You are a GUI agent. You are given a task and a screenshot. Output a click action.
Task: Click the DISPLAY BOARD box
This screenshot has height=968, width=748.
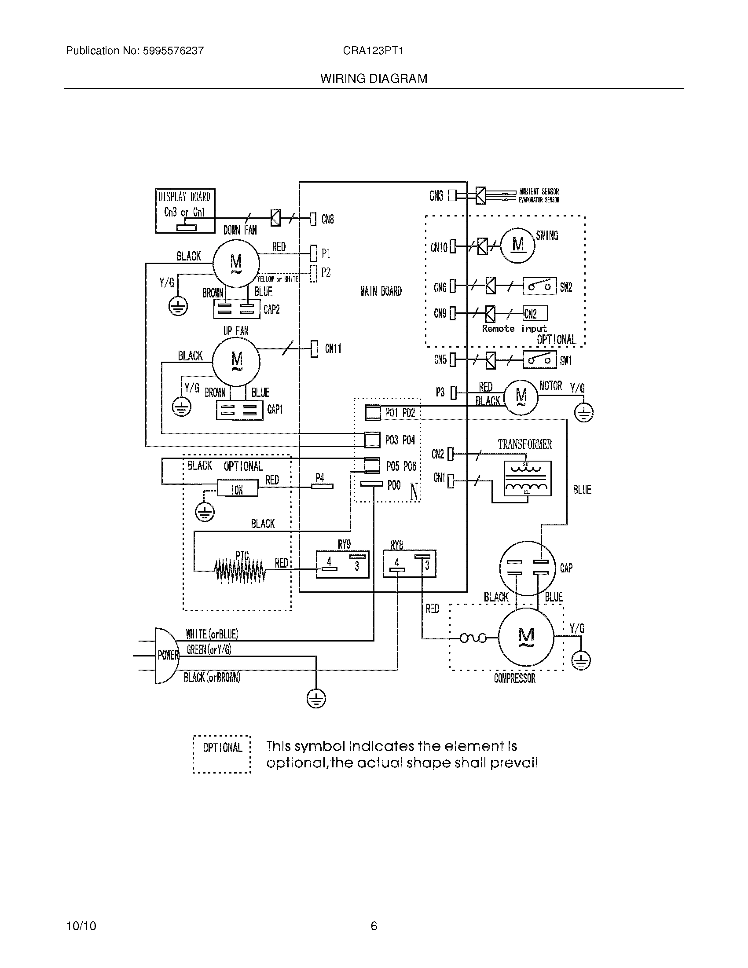click(x=185, y=210)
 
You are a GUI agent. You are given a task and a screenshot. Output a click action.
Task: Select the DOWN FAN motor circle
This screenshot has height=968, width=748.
click(x=236, y=263)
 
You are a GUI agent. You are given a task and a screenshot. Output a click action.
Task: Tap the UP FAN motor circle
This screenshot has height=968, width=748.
click(x=236, y=361)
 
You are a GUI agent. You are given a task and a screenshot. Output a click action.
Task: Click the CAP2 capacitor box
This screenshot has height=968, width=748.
click(x=237, y=309)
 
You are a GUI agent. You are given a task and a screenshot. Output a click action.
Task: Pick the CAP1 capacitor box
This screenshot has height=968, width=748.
click(x=239, y=410)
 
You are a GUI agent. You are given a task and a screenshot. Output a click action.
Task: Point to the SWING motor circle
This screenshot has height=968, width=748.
click(x=517, y=245)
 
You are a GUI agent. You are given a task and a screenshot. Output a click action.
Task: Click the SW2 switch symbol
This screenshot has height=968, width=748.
click(x=539, y=286)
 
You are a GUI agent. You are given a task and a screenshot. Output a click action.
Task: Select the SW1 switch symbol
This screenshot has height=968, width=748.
click(x=539, y=359)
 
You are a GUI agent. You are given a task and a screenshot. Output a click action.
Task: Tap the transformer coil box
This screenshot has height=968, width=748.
click(x=527, y=478)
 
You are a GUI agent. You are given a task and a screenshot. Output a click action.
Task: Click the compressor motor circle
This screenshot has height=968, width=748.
click(x=526, y=638)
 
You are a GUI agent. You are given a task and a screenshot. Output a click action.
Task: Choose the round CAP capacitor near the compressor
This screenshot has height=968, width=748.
click(x=527, y=568)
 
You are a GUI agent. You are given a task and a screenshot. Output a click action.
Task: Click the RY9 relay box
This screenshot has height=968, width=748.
click(x=342, y=564)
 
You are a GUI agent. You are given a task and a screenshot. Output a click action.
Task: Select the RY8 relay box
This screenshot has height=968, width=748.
click(x=410, y=564)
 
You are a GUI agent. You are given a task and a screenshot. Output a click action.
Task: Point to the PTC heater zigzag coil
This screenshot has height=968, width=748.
click(x=240, y=570)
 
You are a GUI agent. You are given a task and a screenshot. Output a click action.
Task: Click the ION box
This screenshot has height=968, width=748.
click(x=237, y=490)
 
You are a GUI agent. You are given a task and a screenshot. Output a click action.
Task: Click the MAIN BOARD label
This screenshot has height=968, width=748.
click(x=381, y=291)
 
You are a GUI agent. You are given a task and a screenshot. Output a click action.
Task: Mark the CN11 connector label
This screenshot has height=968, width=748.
click(x=333, y=348)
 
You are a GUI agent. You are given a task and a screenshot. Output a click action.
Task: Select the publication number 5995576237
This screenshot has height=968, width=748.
click(x=173, y=51)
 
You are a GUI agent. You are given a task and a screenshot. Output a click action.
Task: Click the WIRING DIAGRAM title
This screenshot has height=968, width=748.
click(x=374, y=78)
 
